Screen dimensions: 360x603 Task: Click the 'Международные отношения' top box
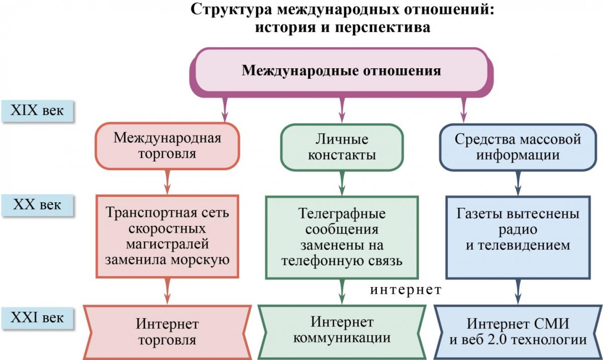[341, 71]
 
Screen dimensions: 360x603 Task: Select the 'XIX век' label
[38, 110]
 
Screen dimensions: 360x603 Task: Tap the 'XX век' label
[37, 205]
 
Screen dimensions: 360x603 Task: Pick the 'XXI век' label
[38, 318]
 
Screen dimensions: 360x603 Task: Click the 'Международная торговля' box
[167, 146]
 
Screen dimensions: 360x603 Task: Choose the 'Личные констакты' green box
[342, 147]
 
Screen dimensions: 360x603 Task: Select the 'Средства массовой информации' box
[518, 147]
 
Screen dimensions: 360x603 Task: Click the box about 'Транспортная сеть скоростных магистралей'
[167, 236]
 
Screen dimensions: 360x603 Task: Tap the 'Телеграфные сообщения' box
[342, 236]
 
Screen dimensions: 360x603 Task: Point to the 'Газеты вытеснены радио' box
[518, 236]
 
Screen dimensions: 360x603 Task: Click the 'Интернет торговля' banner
[167, 331]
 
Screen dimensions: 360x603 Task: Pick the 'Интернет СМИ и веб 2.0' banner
[518, 331]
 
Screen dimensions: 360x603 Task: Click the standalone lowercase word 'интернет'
[406, 290]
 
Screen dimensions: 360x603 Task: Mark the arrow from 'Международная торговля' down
[167, 182]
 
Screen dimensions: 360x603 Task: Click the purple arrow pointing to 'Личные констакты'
[342, 109]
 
